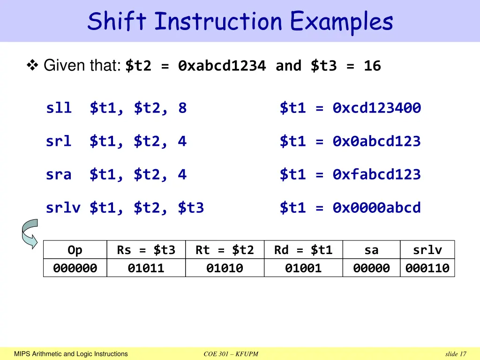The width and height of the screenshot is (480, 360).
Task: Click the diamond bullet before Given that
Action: pos(33,66)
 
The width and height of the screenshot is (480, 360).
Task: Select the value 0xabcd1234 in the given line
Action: pos(222,67)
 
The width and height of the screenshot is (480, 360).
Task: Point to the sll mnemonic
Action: pos(59,108)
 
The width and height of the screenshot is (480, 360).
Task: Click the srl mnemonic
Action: pos(59,142)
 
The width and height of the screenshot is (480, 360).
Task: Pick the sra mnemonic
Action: pos(59,175)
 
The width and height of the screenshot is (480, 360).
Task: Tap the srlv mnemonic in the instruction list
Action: pos(63,208)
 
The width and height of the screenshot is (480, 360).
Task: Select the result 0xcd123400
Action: pos(377,108)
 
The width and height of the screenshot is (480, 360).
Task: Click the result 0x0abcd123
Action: pos(377,142)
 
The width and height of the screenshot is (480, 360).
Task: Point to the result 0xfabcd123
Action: pos(377,175)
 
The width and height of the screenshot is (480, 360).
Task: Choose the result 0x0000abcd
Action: pos(377,208)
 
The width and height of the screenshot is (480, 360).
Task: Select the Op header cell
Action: pos(75,250)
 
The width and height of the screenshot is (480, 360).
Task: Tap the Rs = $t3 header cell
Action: pos(146,250)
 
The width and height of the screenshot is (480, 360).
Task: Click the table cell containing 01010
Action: pos(225,268)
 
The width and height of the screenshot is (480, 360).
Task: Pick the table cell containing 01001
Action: pos(304,268)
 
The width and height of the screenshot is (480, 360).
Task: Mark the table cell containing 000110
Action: pos(427,268)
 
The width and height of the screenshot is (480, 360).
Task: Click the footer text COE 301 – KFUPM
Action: pos(231,354)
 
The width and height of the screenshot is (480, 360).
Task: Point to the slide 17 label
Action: pos(456,354)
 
